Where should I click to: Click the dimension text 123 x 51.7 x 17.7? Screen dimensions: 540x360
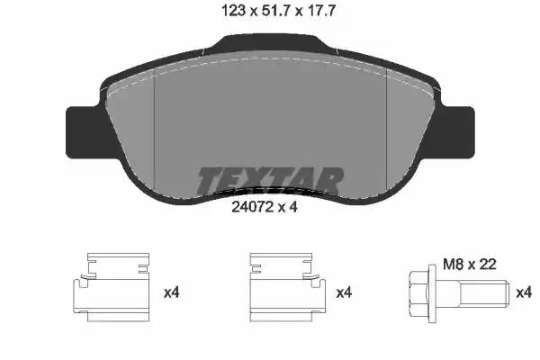[x=278, y=12]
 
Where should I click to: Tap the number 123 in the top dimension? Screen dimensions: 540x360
[x=233, y=12]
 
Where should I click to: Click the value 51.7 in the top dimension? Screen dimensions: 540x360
[x=276, y=12]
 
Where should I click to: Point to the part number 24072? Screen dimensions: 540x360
[x=252, y=207]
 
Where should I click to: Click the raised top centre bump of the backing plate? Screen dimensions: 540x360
[x=271, y=41]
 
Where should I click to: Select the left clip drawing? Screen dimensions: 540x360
[x=112, y=287]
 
